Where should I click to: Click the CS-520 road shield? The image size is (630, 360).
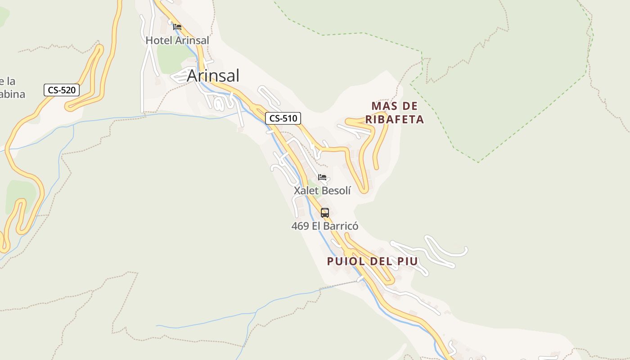[x=62, y=90]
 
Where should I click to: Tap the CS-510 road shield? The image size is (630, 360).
[x=283, y=119]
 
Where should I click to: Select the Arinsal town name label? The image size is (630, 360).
[x=213, y=76]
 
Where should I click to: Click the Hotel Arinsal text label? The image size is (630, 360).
[x=177, y=40]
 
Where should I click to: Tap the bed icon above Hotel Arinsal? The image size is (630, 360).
[x=177, y=27]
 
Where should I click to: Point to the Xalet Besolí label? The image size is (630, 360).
[x=322, y=190]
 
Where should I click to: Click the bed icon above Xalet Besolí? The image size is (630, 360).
[x=322, y=177]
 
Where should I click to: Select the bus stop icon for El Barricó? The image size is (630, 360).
[x=325, y=213]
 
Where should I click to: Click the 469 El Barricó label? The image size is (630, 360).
[x=325, y=226]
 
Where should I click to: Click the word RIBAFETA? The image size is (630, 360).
[x=395, y=120]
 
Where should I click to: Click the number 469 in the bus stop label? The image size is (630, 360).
[x=300, y=226]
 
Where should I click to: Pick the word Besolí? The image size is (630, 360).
[x=335, y=190]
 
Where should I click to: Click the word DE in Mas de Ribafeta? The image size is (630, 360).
[x=410, y=106]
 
